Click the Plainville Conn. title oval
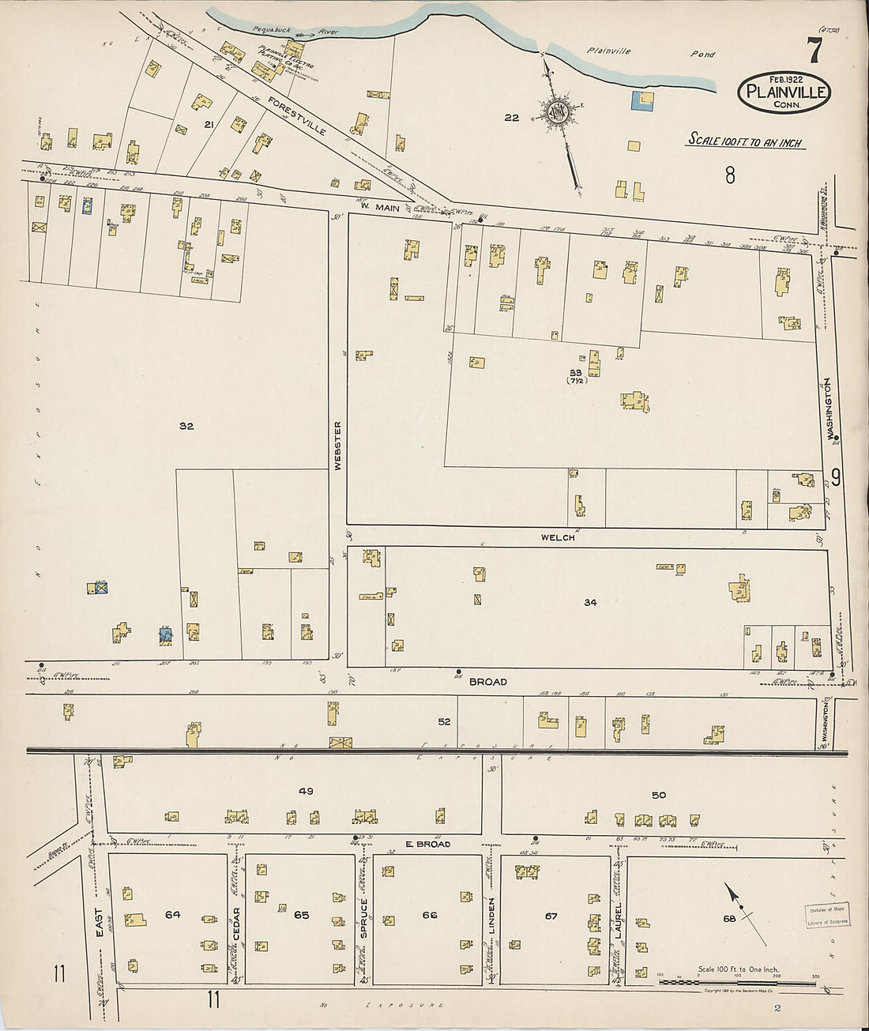tap(784, 92)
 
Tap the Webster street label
tap(338, 446)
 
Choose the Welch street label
tap(557, 537)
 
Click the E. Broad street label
tap(427, 844)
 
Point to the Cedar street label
tap(235, 919)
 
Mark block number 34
tap(590, 602)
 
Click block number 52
tap(444, 721)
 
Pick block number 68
tap(728, 918)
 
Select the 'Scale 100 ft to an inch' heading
tap(744, 141)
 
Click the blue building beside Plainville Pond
tap(642, 100)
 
